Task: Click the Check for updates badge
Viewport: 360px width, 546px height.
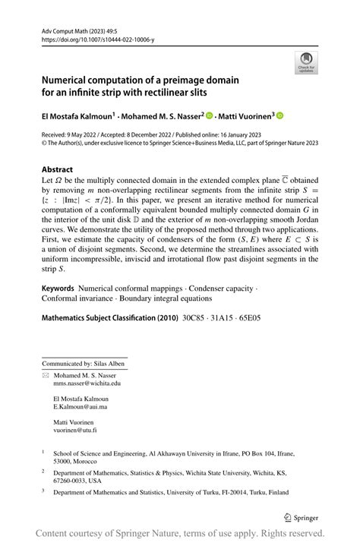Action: pyautogui.click(x=306, y=62)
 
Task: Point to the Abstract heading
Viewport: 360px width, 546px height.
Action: pyautogui.click(x=58, y=169)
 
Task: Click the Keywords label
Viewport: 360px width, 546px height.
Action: pyautogui.click(x=58, y=289)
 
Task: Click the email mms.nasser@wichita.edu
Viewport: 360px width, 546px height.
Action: pyautogui.click(x=87, y=384)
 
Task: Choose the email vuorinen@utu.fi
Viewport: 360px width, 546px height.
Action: pyautogui.click(x=74, y=430)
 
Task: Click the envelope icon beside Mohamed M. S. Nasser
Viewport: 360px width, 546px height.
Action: pyautogui.click(x=45, y=375)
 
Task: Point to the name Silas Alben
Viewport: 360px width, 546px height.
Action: pyautogui.click(x=112, y=362)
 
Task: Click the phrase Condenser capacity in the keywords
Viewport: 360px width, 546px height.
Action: pyautogui.click(x=223, y=289)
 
